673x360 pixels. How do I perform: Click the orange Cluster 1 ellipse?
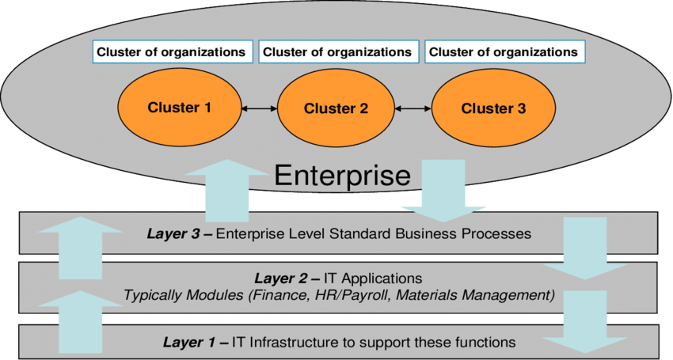[x=180, y=108]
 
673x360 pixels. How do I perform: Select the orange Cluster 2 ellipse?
[x=336, y=108]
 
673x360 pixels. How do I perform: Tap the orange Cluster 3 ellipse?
[x=492, y=108]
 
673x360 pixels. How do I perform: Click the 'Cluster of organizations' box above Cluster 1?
[x=171, y=52]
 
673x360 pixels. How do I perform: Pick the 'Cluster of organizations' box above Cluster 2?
[x=336, y=52]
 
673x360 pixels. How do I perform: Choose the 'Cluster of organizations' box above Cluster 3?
[x=503, y=52]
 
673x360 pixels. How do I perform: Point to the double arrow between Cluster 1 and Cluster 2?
[x=258, y=108]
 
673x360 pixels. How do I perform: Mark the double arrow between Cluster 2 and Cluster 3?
[x=414, y=108]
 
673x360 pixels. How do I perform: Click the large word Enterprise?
[x=342, y=176]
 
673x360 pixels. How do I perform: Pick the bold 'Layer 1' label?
[x=194, y=342]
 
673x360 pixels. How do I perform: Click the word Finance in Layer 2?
[x=290, y=295]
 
